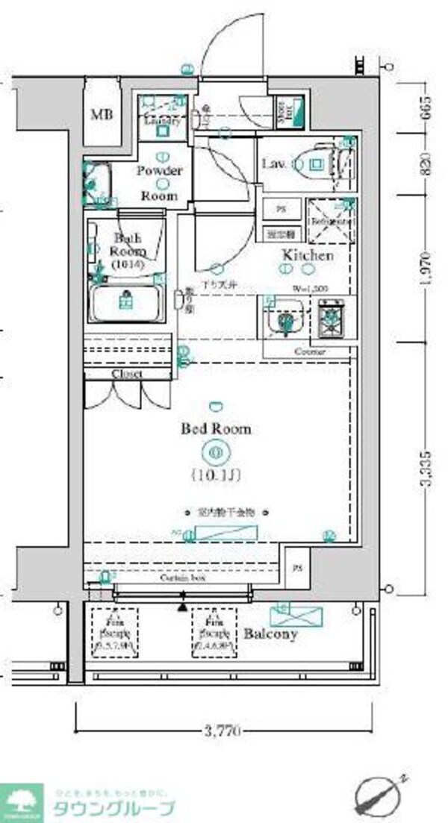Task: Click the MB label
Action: click(x=102, y=116)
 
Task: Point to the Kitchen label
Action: click(x=307, y=255)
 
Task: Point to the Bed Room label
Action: click(x=216, y=429)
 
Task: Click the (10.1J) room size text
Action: click(x=216, y=474)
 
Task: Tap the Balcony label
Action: click(x=270, y=634)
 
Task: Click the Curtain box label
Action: click(x=183, y=578)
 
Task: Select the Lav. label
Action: click(x=270, y=163)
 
